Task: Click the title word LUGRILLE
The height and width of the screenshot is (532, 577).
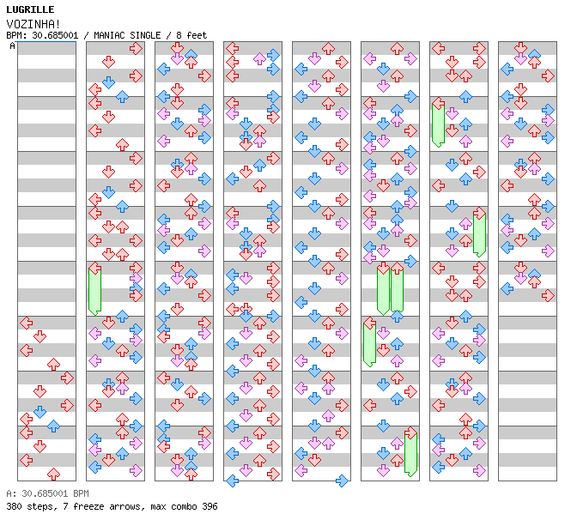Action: (x=30, y=9)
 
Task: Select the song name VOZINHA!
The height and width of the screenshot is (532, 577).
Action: (x=33, y=24)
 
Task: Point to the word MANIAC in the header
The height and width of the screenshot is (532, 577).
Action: (x=109, y=35)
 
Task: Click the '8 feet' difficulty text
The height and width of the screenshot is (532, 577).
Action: (x=191, y=35)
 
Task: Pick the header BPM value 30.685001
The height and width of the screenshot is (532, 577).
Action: (x=55, y=35)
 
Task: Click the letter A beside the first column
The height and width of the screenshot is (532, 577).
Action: (x=13, y=45)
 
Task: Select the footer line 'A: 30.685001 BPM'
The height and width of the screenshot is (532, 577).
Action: (x=47, y=493)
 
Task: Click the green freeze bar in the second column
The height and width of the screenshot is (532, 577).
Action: (x=95, y=290)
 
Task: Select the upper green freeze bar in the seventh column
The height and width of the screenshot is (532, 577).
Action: (x=438, y=124)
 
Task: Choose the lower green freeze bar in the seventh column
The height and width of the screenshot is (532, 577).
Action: (x=479, y=234)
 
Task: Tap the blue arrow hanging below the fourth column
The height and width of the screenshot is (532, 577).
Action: (x=232, y=481)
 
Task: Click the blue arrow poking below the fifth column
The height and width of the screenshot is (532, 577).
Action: (x=342, y=481)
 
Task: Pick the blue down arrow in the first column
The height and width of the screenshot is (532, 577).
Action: (x=39, y=412)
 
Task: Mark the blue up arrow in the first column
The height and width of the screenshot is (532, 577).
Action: (x=54, y=426)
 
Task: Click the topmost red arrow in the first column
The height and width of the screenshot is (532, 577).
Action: (x=26, y=323)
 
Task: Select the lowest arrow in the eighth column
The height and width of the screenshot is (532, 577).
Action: (x=548, y=295)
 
